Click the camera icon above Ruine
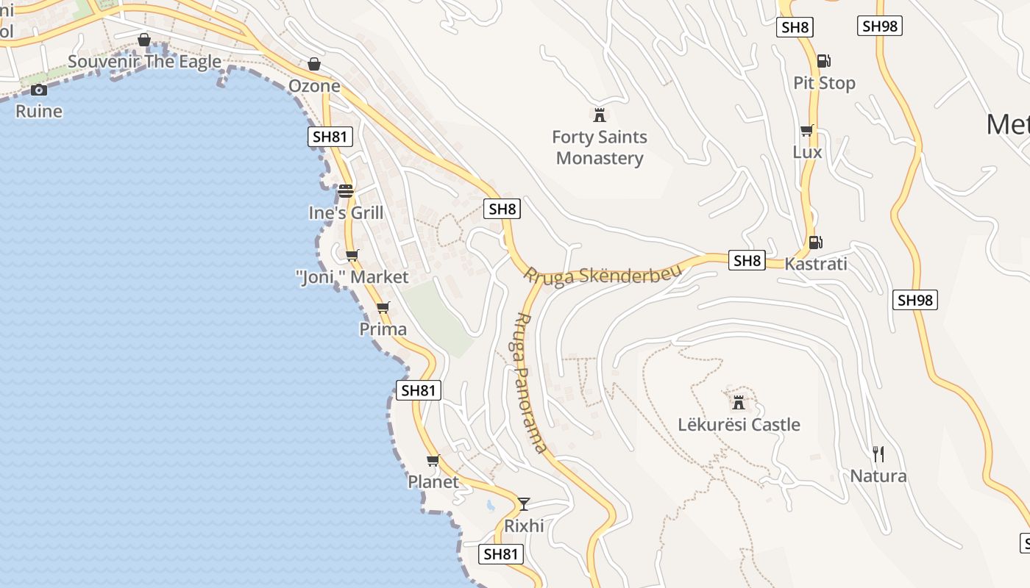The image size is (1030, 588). (x=39, y=90)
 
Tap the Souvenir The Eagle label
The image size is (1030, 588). (x=144, y=61)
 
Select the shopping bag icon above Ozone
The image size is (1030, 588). (x=314, y=64)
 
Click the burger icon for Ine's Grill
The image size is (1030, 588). (x=346, y=191)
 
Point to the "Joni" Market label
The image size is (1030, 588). (x=352, y=277)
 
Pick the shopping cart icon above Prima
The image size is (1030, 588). (x=383, y=307)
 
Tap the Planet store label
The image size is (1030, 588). (x=433, y=482)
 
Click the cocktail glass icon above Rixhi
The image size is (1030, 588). (x=524, y=503)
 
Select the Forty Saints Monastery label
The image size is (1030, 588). (x=600, y=148)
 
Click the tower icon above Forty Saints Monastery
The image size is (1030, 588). (x=600, y=115)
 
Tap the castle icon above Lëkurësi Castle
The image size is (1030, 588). (x=739, y=402)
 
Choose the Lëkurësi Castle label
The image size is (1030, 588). (x=739, y=425)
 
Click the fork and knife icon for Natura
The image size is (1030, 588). (x=878, y=453)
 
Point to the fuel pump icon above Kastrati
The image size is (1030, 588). (x=815, y=242)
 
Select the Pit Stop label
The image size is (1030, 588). (x=824, y=83)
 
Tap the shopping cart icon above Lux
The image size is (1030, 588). (x=807, y=130)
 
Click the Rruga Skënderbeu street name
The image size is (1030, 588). (x=603, y=276)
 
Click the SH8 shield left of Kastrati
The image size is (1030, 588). (x=747, y=260)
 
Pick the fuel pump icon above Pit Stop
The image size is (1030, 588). (x=824, y=61)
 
